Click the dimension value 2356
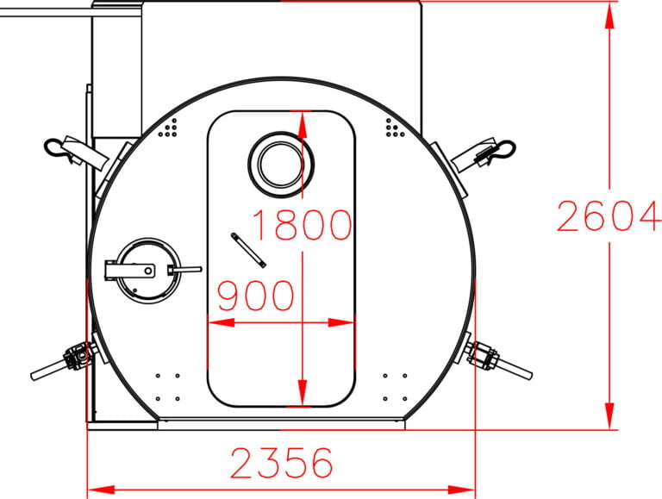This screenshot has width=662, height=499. point(281,464)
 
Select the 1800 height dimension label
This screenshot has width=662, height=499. point(302,225)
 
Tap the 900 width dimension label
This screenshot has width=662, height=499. point(255,296)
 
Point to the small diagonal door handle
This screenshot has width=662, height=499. point(248,249)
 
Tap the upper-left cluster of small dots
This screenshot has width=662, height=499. point(172,128)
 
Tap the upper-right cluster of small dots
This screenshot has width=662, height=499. point(394,128)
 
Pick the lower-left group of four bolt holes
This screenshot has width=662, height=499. point(168,386)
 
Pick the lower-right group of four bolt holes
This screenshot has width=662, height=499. point(395,386)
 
